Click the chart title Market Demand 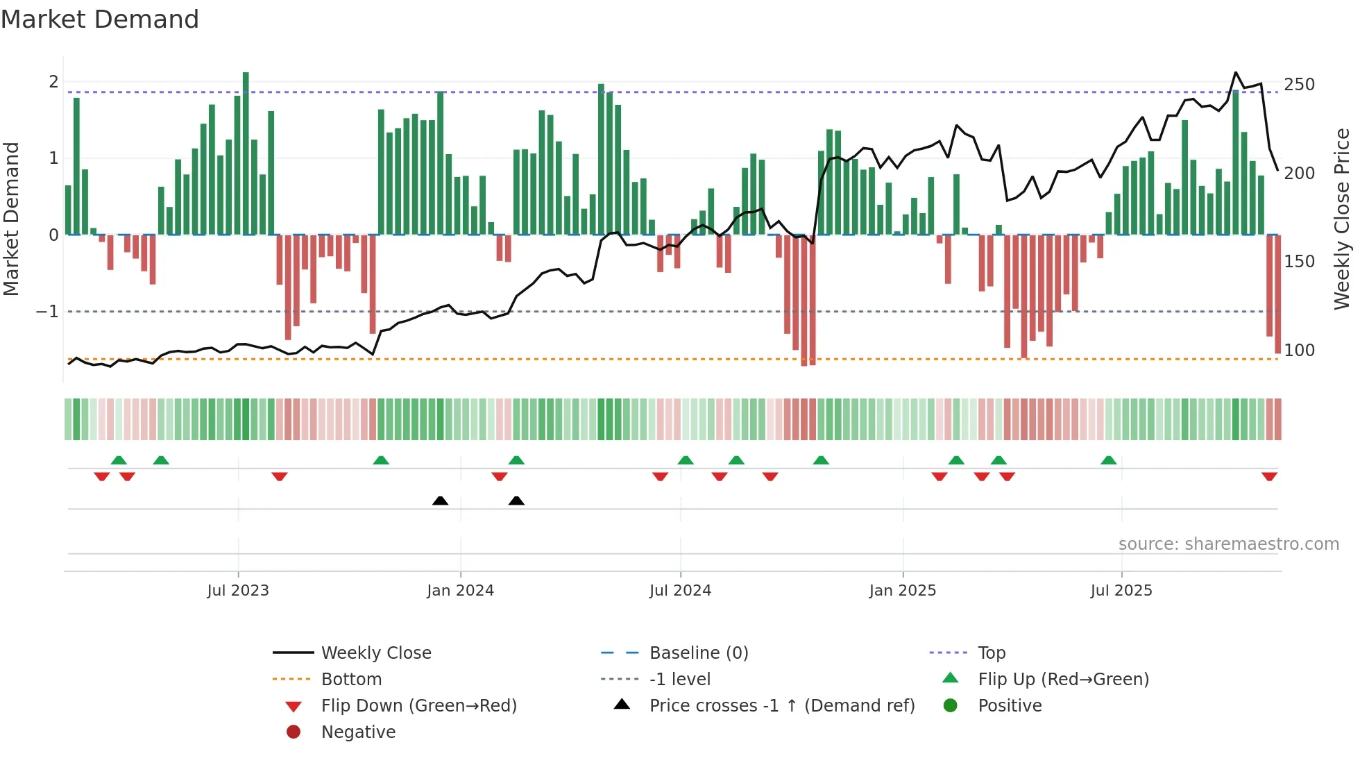[100, 19]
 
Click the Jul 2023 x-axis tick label [237, 591]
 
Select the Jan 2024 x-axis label [460, 591]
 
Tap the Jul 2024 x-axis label [680, 591]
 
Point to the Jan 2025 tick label [902, 591]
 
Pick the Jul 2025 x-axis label [1121, 591]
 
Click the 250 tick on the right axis [1299, 85]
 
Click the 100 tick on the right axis [1299, 351]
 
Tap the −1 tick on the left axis [47, 312]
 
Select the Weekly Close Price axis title [1342, 219]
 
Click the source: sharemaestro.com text [1228, 544]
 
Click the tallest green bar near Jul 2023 [246, 153]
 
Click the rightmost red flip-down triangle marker [1269, 476]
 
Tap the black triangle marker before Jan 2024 [440, 501]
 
